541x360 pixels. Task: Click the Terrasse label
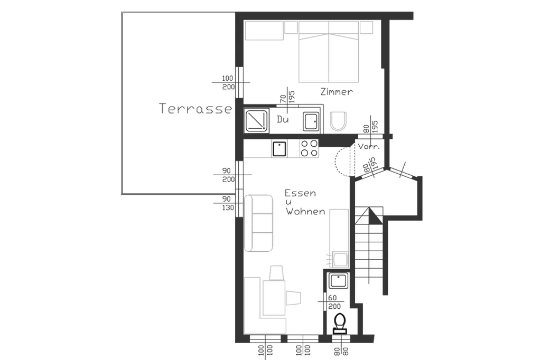click(x=195, y=109)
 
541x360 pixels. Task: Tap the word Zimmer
click(x=337, y=92)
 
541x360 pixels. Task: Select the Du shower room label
click(x=283, y=119)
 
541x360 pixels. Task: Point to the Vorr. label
click(x=369, y=146)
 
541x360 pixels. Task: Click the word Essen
click(x=300, y=193)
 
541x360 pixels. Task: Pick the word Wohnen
click(x=305, y=211)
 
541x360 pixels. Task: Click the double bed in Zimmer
click(x=329, y=52)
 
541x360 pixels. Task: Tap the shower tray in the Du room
click(x=256, y=121)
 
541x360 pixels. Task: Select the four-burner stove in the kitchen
click(x=309, y=148)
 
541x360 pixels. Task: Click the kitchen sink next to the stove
click(x=279, y=149)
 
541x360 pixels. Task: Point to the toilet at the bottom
click(x=340, y=324)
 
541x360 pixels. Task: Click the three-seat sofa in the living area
click(x=258, y=223)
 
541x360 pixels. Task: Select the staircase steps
click(x=369, y=245)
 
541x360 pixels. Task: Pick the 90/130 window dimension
click(x=228, y=203)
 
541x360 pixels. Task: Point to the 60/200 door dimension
click(x=334, y=302)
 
